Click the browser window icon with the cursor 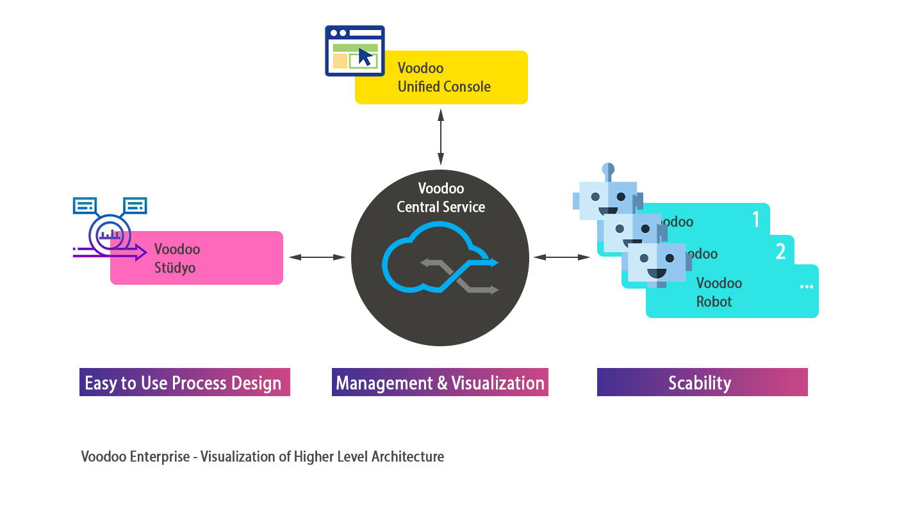click(x=355, y=51)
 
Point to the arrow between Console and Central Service click(x=440, y=137)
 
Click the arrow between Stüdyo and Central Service click(x=317, y=257)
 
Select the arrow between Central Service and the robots click(x=562, y=257)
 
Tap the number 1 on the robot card click(x=756, y=220)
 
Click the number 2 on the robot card click(x=780, y=252)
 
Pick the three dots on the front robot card click(x=806, y=287)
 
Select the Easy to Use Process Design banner click(x=185, y=382)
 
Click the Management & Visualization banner click(x=440, y=382)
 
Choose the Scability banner click(x=702, y=382)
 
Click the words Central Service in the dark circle click(x=441, y=207)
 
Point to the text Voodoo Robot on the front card click(x=719, y=292)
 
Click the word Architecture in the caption click(x=407, y=456)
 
